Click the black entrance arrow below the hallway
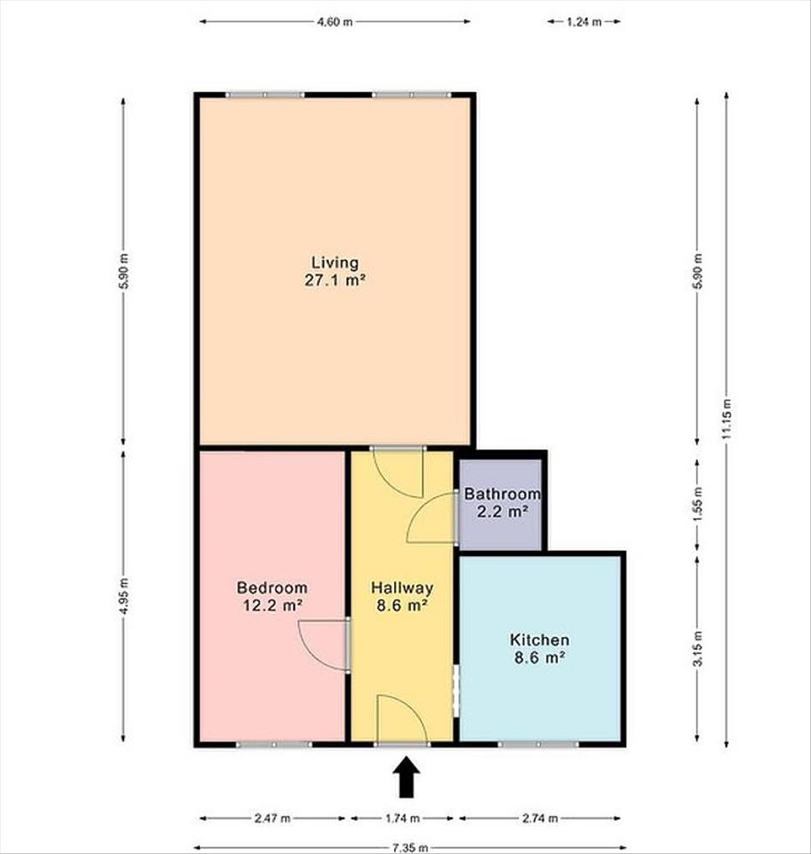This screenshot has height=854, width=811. pyautogui.click(x=407, y=778)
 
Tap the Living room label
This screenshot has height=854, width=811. pyautogui.click(x=335, y=272)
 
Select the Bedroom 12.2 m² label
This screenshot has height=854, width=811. pyautogui.click(x=272, y=596)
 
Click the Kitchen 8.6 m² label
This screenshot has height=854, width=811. pyautogui.click(x=539, y=648)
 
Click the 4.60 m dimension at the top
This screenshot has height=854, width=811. pyautogui.click(x=335, y=22)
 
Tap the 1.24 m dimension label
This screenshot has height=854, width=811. pyautogui.click(x=584, y=22)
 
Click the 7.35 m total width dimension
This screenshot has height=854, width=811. pyautogui.click(x=410, y=848)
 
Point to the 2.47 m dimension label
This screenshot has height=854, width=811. pyautogui.click(x=273, y=818)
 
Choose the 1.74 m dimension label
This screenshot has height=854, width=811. pyautogui.click(x=403, y=818)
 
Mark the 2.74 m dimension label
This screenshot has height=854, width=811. pyautogui.click(x=540, y=818)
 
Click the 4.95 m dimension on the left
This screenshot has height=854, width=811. pyautogui.click(x=124, y=595)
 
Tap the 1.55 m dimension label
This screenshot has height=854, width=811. pyautogui.click(x=697, y=505)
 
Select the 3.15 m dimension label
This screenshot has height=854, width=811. pyautogui.click(x=697, y=648)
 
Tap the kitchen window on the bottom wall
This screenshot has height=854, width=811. pyautogui.click(x=538, y=744)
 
